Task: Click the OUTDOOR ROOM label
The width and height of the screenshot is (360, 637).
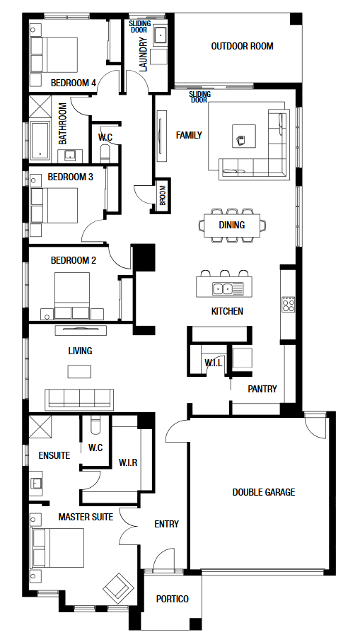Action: (242, 47)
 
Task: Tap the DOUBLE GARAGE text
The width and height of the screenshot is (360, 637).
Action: (264, 492)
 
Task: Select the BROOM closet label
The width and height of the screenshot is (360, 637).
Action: (163, 195)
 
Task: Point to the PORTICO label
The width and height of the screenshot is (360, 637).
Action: (173, 599)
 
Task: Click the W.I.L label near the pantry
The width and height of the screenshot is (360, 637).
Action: (214, 363)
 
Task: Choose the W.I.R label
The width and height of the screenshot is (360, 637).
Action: (128, 462)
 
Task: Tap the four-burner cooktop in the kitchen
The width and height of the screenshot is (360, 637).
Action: (288, 304)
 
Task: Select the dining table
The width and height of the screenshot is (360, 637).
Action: (232, 225)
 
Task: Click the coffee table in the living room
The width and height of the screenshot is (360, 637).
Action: (79, 371)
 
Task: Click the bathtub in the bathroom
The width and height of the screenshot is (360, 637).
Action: (40, 140)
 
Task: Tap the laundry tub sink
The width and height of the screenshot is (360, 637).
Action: (161, 36)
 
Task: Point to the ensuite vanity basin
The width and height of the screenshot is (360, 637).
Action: (36, 483)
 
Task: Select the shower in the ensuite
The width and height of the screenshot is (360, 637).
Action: (40, 426)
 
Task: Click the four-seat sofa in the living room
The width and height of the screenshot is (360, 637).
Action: (79, 399)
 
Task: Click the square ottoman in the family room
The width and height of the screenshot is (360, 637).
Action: (244, 136)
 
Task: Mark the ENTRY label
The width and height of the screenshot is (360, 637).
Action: (167, 524)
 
